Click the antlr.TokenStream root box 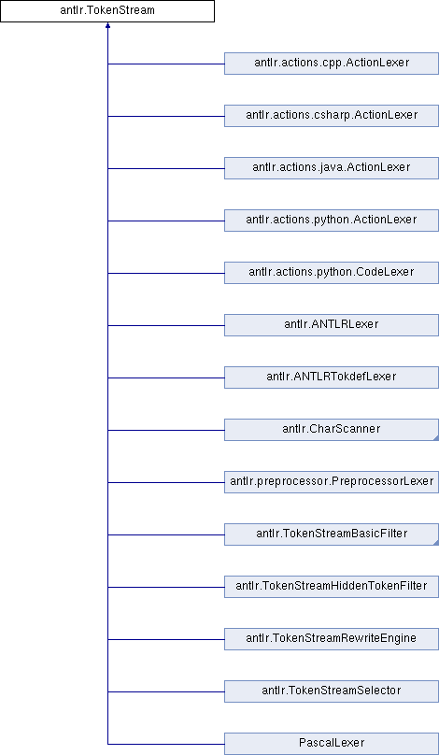tap(107, 11)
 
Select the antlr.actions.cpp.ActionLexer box tap(332, 64)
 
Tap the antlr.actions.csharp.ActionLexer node tap(332, 116)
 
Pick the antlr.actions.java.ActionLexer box tap(332, 168)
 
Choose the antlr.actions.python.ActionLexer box tap(332, 221)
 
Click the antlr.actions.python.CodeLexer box tap(332, 273)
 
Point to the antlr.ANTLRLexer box tap(332, 325)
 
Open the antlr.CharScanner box tap(332, 430)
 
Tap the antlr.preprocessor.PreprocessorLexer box tap(332, 482)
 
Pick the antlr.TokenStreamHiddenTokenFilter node tap(332, 588)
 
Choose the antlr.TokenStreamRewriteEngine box tap(332, 639)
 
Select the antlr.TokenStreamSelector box tap(332, 691)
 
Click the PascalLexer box tap(332, 745)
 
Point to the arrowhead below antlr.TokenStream tap(107, 25)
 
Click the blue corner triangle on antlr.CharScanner tap(435, 437)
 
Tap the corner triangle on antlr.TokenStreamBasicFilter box tap(435, 543)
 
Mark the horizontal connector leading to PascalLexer tap(166, 745)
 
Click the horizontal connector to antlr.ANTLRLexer tap(166, 325)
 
